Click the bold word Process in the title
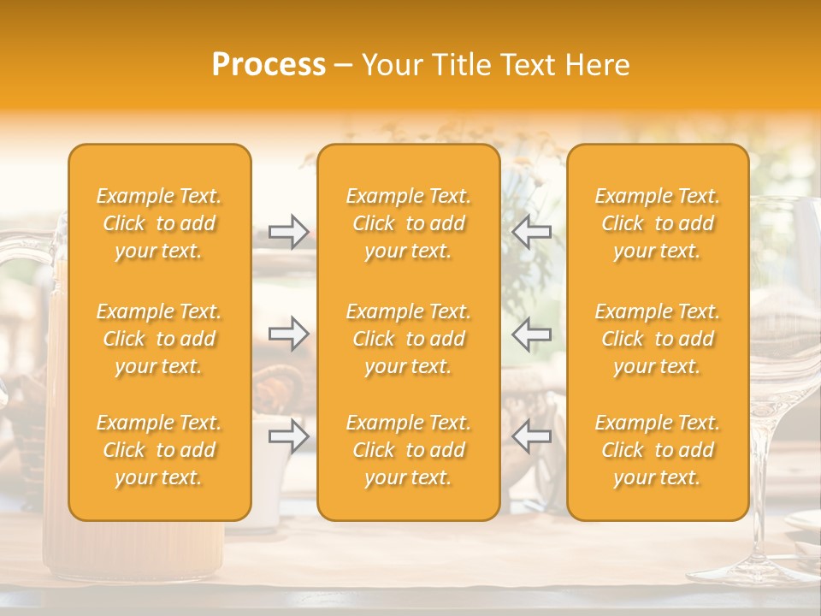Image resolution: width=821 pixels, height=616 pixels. pos(269,65)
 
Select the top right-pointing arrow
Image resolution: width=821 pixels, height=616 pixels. pos(289,232)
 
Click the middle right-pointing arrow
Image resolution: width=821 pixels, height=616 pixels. pos(289,334)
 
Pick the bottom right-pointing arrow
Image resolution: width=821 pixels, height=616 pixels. pos(289,436)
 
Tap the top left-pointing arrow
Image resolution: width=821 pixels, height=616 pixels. pos(532,232)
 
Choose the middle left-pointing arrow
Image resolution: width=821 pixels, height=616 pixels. pos(532,334)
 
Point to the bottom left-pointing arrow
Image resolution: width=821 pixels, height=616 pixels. pos(532,436)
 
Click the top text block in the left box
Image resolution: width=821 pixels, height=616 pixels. pos(159,223)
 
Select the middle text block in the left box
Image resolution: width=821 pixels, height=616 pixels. pos(159,339)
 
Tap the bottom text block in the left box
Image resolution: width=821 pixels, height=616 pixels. pos(159,450)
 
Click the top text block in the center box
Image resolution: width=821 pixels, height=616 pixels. pos(408,223)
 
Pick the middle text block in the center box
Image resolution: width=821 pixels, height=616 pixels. pos(408,339)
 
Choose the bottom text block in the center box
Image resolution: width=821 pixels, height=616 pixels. pos(408,450)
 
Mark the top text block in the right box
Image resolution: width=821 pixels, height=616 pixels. pos(657,223)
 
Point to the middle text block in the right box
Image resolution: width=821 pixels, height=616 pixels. pos(657,339)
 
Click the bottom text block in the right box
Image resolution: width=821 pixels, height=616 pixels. pos(657,450)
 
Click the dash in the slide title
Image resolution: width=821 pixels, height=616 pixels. pos(343,66)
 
